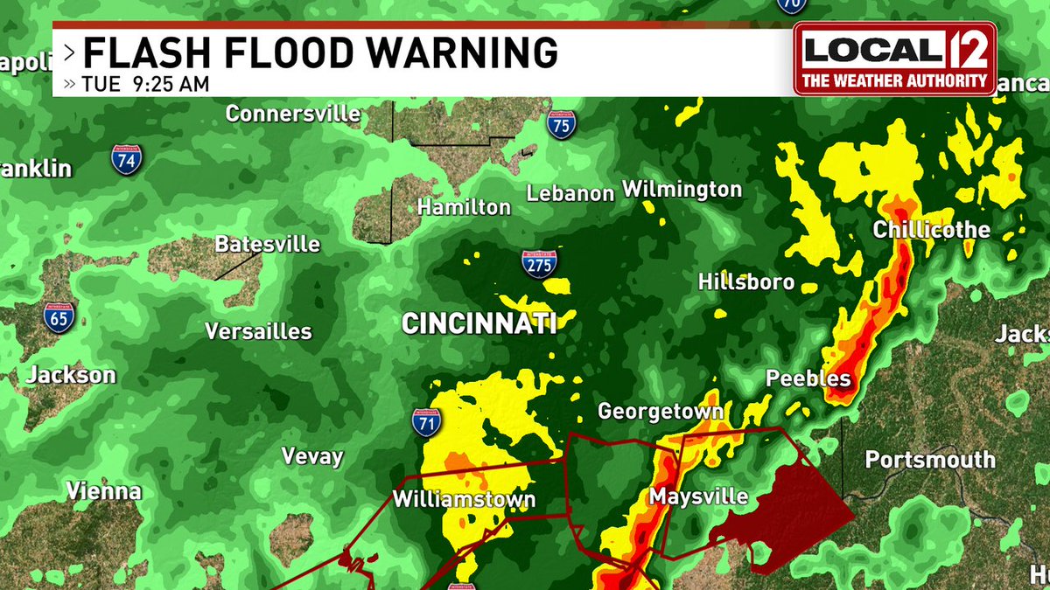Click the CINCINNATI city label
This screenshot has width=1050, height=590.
(x=479, y=324)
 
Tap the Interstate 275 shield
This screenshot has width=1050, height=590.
(x=539, y=263)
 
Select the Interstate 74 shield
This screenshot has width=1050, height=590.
(x=127, y=160)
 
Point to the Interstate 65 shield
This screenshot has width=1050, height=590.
(x=59, y=316)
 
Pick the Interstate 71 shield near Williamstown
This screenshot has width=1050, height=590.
(x=426, y=422)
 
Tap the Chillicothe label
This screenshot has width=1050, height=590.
(x=931, y=230)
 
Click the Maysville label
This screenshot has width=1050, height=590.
(x=698, y=497)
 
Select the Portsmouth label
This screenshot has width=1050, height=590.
(x=930, y=460)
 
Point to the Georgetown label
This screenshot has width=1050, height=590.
(x=660, y=411)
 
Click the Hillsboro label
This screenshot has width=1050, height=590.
(x=746, y=281)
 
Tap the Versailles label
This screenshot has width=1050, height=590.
(x=258, y=331)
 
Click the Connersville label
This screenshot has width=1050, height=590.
(x=293, y=114)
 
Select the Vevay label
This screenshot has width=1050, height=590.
(x=312, y=456)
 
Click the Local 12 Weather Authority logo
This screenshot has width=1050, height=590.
(x=895, y=58)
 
